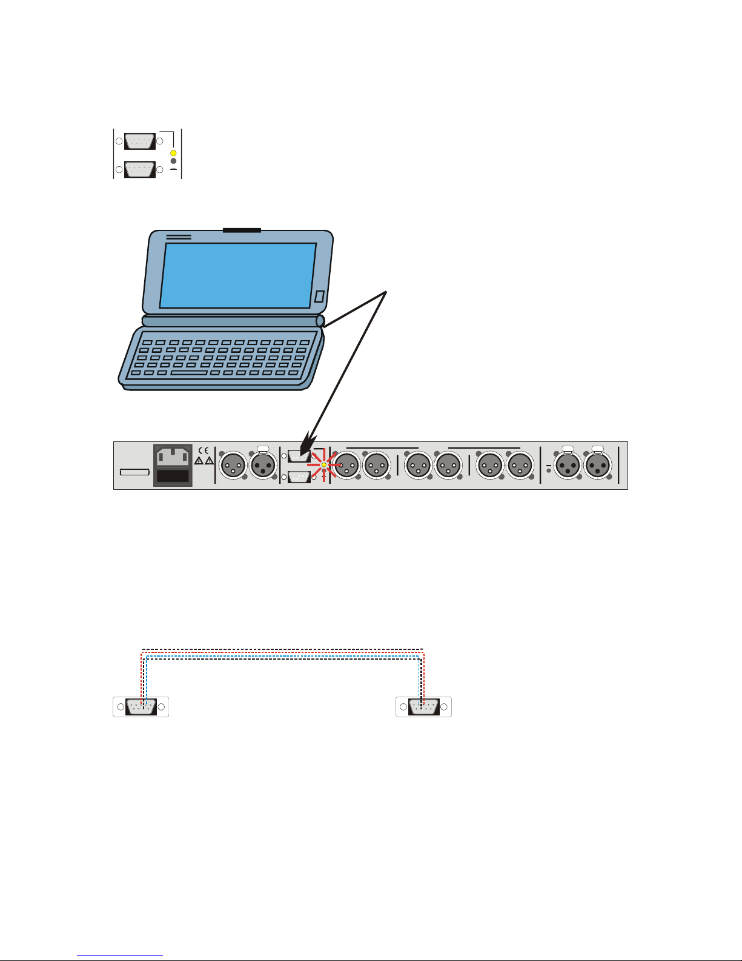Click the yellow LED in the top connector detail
click(173, 153)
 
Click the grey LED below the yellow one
click(173, 161)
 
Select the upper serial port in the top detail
click(139, 142)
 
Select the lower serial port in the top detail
click(139, 170)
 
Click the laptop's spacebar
click(191, 373)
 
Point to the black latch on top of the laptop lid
click(242, 230)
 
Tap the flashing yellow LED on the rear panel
click(324, 466)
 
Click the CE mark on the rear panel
click(204, 450)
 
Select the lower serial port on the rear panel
click(299, 477)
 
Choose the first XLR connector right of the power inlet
click(233, 466)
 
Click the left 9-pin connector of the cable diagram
click(141, 707)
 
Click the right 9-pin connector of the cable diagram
click(423, 707)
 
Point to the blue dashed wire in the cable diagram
click(282, 656)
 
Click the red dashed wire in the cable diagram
click(282, 652)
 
